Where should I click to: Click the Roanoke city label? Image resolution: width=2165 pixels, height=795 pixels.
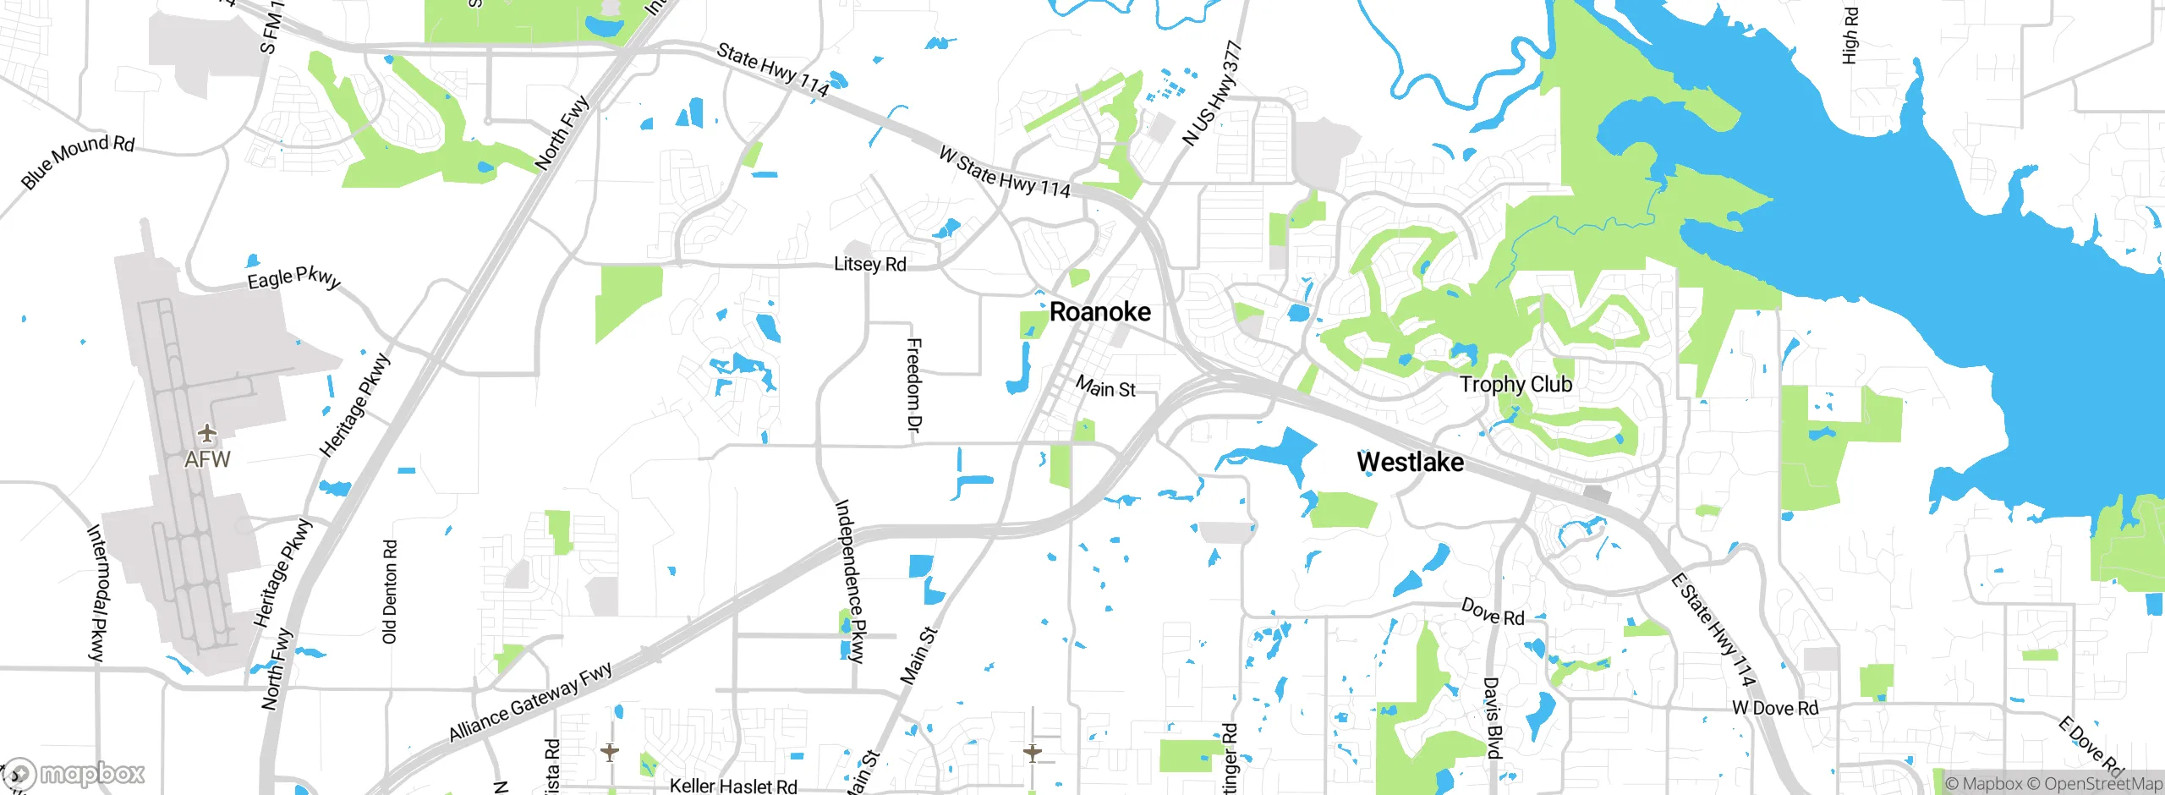point(1099,312)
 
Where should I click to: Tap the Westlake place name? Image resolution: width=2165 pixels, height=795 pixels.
point(1410,463)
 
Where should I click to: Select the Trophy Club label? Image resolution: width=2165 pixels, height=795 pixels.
point(1515,385)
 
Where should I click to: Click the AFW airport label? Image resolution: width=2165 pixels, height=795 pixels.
point(207,459)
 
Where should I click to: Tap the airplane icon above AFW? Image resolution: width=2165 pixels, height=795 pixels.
point(207,434)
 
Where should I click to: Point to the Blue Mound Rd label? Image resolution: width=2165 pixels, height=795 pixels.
point(78,160)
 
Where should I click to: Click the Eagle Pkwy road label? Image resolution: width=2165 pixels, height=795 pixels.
point(293,278)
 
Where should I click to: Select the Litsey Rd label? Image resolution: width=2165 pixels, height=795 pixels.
point(869,265)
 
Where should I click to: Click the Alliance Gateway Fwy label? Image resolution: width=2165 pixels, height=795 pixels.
point(530,703)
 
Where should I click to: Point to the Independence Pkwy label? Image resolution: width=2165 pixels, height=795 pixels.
point(850,581)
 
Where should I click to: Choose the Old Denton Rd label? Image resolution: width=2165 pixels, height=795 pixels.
point(390,592)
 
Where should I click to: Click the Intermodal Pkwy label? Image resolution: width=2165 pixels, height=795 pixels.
point(97,592)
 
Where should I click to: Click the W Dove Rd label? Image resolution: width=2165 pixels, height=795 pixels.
point(1775,709)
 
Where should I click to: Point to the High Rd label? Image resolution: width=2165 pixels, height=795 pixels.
point(1850,36)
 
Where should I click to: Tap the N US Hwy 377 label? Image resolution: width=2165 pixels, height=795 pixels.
point(1213,94)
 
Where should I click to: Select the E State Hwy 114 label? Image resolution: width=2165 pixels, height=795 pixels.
point(1714,629)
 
